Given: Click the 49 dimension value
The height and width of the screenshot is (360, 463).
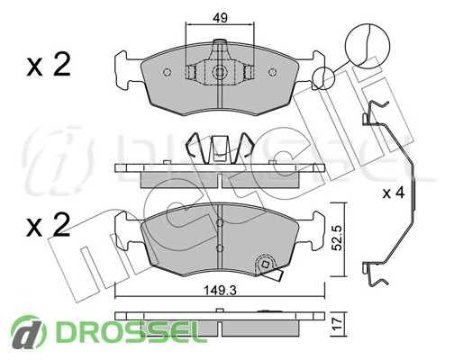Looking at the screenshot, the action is tap(220, 18).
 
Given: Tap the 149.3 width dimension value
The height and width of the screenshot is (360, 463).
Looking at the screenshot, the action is tap(220, 290).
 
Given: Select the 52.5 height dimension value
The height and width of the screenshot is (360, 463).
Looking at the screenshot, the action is tap(339, 238).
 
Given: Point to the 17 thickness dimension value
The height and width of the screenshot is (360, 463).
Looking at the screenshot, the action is tap(339, 324).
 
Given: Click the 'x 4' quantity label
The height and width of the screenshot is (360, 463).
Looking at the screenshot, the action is tap(394, 193).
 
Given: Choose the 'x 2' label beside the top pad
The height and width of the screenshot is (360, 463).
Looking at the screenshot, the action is tap(49, 64).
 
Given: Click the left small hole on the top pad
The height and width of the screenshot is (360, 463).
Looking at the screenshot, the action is tap(167, 72).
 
